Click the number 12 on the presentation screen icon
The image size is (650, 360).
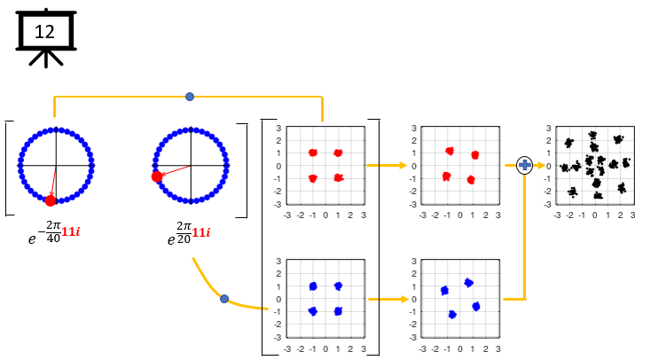click(x=44, y=32)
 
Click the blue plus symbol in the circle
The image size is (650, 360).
click(x=525, y=166)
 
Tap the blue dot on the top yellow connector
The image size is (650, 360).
click(x=190, y=97)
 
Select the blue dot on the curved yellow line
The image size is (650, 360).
click(x=224, y=299)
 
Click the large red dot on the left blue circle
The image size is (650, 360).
click(x=51, y=200)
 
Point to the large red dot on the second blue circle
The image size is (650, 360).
click(x=157, y=177)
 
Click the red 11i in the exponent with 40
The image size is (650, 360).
click(x=71, y=231)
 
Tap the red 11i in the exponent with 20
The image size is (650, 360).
click(x=201, y=232)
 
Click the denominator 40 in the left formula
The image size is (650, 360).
click(x=53, y=238)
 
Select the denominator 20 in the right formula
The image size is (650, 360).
click(x=184, y=239)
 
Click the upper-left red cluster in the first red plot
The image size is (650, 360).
click(x=313, y=153)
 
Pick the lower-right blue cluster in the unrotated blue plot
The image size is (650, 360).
click(x=338, y=311)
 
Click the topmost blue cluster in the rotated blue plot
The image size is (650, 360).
click(x=468, y=283)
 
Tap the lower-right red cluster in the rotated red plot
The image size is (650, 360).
click(x=471, y=180)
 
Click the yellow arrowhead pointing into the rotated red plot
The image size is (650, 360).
click(x=403, y=166)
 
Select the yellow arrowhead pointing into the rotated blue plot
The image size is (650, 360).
click(x=404, y=299)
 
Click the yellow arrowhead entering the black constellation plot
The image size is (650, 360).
click(x=541, y=166)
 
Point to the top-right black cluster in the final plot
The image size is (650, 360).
click(x=618, y=139)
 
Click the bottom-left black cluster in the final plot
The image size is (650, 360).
click(x=573, y=192)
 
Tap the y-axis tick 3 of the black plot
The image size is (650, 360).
click(x=548, y=129)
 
